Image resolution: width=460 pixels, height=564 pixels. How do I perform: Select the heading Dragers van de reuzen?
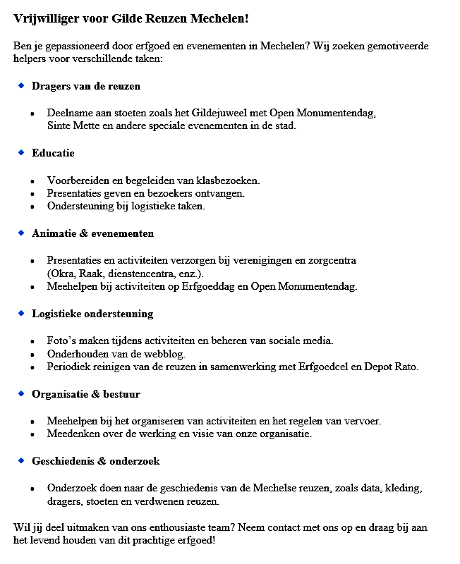(x=86, y=86)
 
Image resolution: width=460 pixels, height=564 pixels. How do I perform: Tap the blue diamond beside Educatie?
(x=21, y=152)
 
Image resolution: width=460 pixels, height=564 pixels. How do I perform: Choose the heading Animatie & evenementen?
(x=92, y=233)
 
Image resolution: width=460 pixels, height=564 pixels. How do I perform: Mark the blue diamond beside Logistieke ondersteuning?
(x=21, y=313)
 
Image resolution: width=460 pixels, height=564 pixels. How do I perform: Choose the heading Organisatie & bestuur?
(x=85, y=394)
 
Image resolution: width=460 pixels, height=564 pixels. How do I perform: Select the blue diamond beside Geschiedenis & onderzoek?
(x=21, y=460)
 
